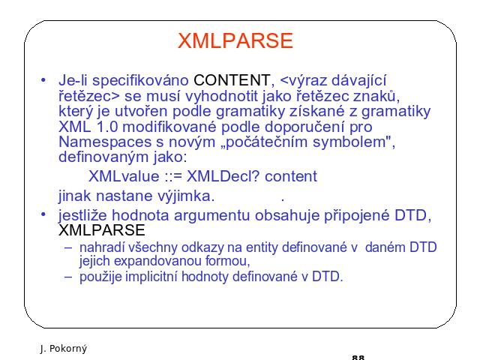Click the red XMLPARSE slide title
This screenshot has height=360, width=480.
click(235, 40)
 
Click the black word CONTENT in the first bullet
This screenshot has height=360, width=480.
click(232, 80)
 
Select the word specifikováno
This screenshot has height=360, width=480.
click(140, 81)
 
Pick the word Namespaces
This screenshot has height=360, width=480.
click(105, 142)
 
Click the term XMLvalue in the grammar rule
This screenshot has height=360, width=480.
click(124, 176)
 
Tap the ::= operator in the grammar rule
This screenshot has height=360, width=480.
click(173, 177)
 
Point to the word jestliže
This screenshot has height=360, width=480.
click(82, 215)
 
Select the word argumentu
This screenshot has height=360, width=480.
click(211, 216)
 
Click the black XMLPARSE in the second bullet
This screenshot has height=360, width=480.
click(102, 230)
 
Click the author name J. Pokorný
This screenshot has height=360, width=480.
click(64, 349)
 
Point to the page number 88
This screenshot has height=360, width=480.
click(358, 357)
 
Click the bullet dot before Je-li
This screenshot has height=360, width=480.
click(43, 80)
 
